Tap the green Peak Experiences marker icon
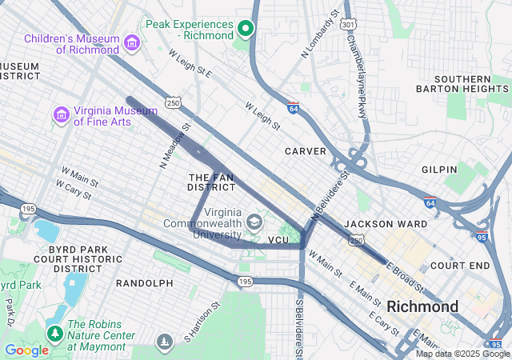(246, 30)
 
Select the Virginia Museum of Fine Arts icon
(61, 115)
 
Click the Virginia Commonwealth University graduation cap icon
(254, 222)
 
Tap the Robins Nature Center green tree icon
(55, 332)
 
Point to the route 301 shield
(347, 24)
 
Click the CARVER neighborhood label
(306, 151)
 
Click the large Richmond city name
(422, 306)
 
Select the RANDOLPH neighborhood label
(145, 283)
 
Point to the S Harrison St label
(201, 320)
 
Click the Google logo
(26, 350)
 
